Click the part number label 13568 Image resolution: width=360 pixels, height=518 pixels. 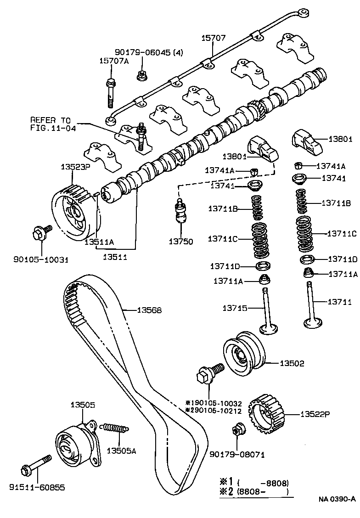click(149, 310)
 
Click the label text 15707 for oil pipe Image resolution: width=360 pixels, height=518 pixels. click(214, 38)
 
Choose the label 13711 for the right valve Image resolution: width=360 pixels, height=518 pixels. click(339, 302)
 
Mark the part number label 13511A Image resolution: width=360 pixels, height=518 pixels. click(99, 240)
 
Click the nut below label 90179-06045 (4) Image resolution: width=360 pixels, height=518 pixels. click(141, 75)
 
